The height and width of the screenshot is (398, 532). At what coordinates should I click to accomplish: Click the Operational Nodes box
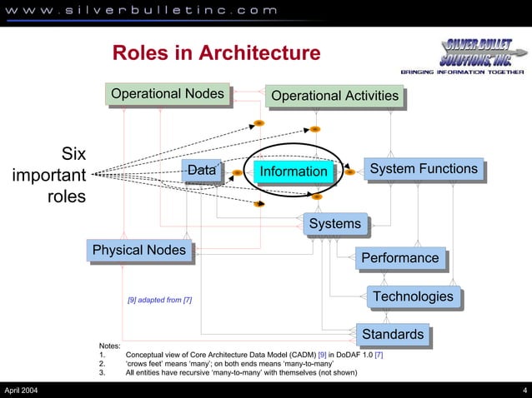pos(168,94)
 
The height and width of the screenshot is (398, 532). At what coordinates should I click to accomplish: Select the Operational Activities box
pos(334,97)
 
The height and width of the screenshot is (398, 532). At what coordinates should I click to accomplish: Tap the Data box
pos(201,171)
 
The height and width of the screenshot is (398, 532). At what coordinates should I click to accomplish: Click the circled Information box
pos(294,172)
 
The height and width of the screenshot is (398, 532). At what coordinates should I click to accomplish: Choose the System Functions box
pos(424,170)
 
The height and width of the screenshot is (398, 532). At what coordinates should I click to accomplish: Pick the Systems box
pos(334,224)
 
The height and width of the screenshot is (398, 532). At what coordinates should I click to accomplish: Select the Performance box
pos(399,258)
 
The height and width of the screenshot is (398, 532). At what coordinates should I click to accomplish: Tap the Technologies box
pos(414,296)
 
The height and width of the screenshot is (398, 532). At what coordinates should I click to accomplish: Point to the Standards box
pos(393,335)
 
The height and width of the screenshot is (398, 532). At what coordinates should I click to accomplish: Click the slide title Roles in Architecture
pos(216,53)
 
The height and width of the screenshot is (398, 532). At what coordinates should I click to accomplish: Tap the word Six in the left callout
pos(73,154)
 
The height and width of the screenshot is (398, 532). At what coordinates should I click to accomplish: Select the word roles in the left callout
pos(66,197)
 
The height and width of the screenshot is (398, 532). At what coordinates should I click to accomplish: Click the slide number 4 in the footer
pos(524,391)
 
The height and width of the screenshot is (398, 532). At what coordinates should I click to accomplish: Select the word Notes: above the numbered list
pos(109,345)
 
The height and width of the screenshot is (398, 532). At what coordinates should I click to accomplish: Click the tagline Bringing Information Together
pos(462,72)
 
